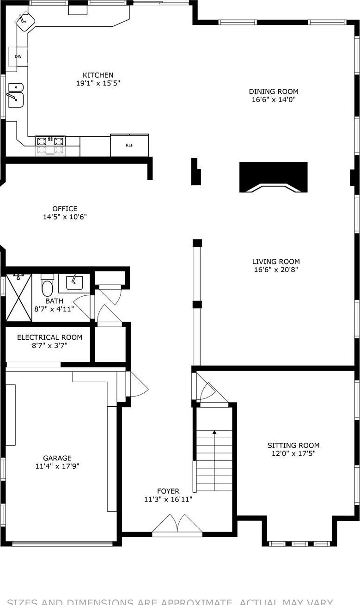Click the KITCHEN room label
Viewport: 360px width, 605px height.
click(x=98, y=75)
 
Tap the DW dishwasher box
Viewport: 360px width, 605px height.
click(x=18, y=56)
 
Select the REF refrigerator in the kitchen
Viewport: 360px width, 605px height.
click(x=129, y=145)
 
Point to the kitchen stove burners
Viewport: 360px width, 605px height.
click(x=50, y=141)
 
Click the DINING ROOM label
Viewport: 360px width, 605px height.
click(x=274, y=92)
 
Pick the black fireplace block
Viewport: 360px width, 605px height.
click(x=274, y=176)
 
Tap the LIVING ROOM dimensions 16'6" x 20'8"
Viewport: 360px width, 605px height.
click(x=276, y=269)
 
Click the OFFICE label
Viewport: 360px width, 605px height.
click(x=65, y=209)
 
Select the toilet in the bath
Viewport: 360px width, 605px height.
click(x=48, y=286)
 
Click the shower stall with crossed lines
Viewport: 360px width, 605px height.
click(x=18, y=298)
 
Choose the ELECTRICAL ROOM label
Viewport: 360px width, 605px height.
click(x=50, y=337)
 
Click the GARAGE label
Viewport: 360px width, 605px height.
click(x=57, y=458)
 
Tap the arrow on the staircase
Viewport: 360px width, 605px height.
click(x=214, y=432)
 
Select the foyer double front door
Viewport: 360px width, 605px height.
click(x=177, y=526)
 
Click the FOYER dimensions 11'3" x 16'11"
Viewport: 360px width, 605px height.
click(x=168, y=499)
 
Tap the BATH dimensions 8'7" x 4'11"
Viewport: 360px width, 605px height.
click(x=54, y=309)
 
